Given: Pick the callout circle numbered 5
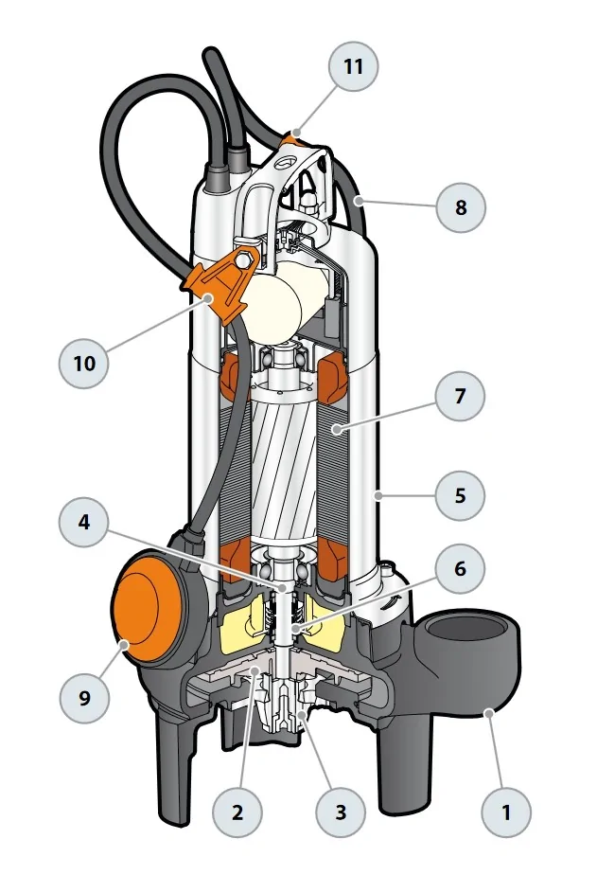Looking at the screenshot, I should pyautogui.click(x=460, y=494).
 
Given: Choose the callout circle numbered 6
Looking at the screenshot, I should pyautogui.click(x=460, y=570).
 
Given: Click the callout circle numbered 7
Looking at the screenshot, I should pyautogui.click(x=460, y=396).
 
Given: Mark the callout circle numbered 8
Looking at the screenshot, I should pyautogui.click(x=461, y=206).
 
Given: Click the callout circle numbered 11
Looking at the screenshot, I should pyautogui.click(x=353, y=68).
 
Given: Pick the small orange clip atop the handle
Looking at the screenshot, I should pyautogui.click(x=296, y=139).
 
